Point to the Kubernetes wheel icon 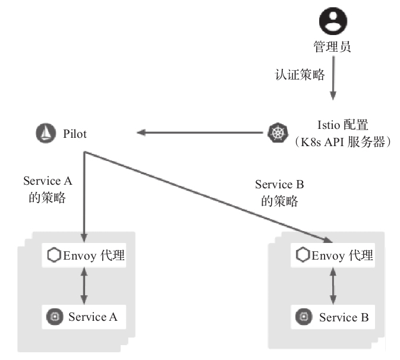point(276,132)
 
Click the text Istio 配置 point(344,125)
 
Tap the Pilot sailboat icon point(46,133)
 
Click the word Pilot point(74,134)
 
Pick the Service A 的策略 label point(48,189)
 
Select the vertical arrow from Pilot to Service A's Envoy point(84,196)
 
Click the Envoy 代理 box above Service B point(335,255)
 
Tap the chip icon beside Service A point(54,317)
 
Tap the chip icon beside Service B point(304,317)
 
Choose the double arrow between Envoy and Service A point(84,286)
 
